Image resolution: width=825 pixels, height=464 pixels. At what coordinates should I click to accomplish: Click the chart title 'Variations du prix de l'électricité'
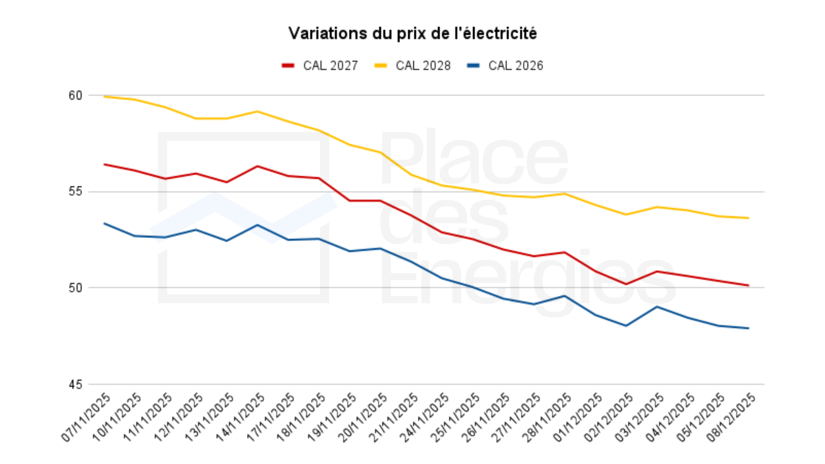click(412, 33)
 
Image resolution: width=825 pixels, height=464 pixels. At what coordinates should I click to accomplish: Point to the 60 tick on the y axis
click(75, 95)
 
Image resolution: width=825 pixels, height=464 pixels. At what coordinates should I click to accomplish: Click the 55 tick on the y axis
click(75, 192)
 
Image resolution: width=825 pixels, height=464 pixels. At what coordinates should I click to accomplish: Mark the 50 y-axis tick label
click(75, 288)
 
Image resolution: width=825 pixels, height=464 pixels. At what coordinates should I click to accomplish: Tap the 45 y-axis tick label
click(75, 385)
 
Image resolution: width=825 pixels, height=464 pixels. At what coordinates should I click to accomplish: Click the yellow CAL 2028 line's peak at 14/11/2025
click(257, 112)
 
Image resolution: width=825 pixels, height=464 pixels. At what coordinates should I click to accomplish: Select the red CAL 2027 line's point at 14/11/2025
click(257, 166)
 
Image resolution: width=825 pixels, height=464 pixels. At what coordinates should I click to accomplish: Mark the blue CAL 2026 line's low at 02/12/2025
click(626, 326)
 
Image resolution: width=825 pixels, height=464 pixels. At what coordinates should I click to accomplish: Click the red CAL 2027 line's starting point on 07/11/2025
click(104, 165)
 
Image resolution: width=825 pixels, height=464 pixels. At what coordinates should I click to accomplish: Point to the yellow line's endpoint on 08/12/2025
click(748, 218)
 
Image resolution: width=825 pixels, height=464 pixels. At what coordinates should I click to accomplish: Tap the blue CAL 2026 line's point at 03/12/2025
click(657, 307)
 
